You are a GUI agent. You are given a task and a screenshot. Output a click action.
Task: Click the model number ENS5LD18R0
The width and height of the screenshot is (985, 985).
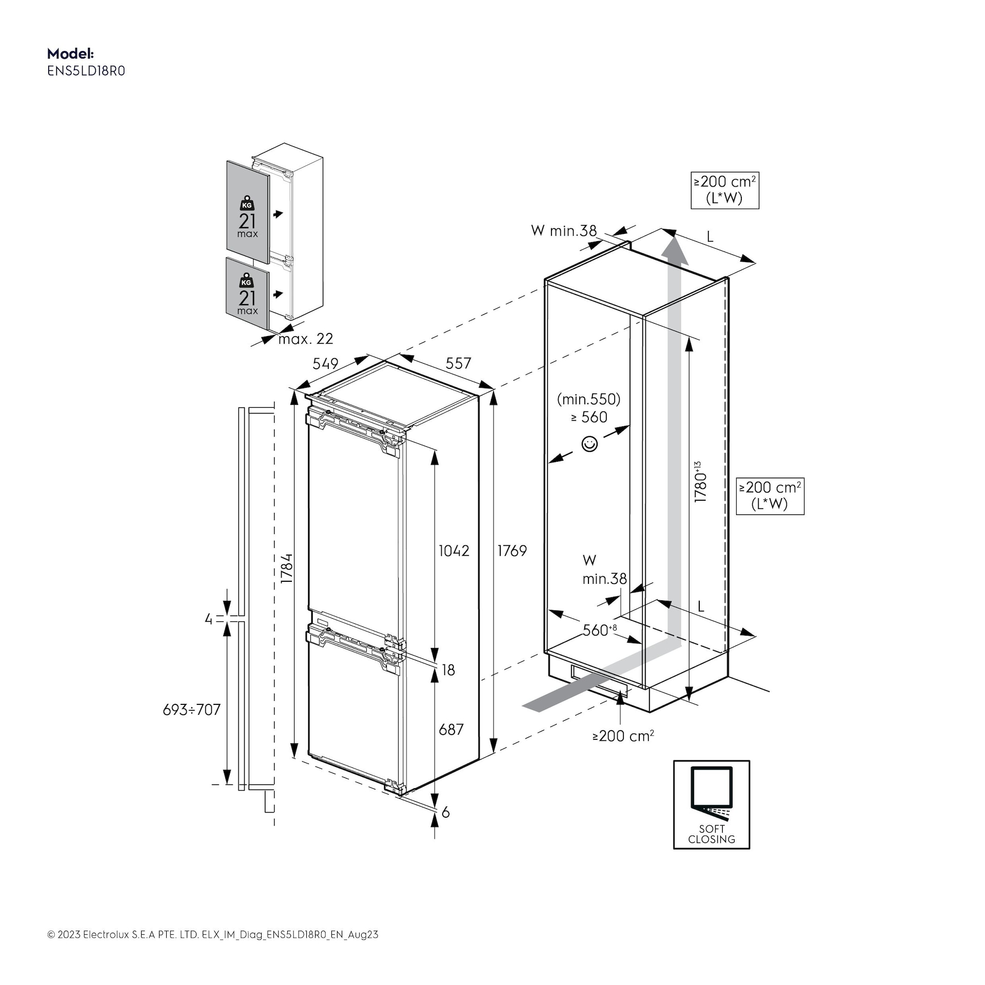click(x=86, y=71)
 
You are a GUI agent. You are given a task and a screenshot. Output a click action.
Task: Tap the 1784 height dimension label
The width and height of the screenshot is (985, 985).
click(x=286, y=568)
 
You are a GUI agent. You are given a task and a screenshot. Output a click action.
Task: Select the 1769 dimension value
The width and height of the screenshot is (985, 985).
click(x=511, y=550)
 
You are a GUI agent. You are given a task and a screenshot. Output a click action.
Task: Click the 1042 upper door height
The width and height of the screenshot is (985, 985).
click(x=454, y=550)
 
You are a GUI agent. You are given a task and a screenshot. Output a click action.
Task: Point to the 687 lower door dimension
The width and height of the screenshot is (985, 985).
click(x=451, y=729)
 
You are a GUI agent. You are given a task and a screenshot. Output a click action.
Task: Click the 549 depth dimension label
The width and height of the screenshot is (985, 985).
click(x=325, y=363)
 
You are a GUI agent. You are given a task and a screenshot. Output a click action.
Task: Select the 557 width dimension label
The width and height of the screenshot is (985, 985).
click(x=458, y=363)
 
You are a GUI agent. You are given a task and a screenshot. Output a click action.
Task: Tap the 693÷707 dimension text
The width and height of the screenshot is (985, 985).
click(x=191, y=710)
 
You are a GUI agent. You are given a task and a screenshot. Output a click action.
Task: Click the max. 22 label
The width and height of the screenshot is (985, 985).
click(x=305, y=339)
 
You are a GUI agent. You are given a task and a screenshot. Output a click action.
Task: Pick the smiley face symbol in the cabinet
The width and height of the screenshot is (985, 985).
click(x=590, y=443)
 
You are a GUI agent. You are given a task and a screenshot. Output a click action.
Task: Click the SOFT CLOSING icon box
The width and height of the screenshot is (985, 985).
click(x=711, y=804)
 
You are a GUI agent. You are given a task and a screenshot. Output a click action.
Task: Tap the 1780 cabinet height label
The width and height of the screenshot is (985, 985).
click(x=700, y=482)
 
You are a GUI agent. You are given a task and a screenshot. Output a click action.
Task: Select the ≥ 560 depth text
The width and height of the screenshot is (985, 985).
click(x=589, y=417)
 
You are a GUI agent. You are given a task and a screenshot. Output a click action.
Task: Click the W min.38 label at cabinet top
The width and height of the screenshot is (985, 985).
click(x=563, y=231)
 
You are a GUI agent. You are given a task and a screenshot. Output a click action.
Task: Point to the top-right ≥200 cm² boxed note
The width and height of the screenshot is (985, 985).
click(x=724, y=190)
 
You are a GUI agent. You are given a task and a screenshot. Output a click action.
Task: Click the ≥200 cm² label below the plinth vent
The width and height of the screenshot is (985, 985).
click(x=623, y=736)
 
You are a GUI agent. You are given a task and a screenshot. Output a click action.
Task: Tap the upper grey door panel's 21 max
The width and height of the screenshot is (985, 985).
click(x=247, y=224)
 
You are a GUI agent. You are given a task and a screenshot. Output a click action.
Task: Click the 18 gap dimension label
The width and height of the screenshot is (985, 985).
click(x=448, y=670)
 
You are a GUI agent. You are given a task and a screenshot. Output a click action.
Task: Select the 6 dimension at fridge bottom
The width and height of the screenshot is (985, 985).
click(x=445, y=812)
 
